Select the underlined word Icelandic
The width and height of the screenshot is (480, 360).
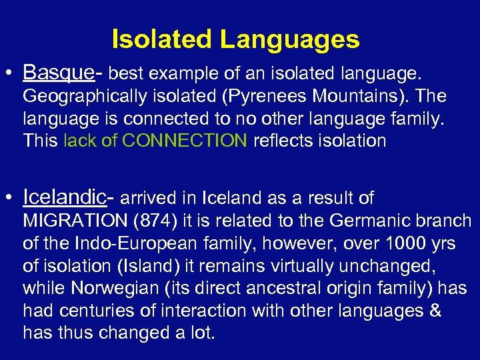click(x=64, y=197)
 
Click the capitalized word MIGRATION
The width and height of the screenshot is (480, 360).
click(x=75, y=221)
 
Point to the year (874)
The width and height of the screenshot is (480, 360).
click(x=154, y=221)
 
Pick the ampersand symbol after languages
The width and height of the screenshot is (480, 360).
click(x=435, y=311)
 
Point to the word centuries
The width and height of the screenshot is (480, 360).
click(x=91, y=311)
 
